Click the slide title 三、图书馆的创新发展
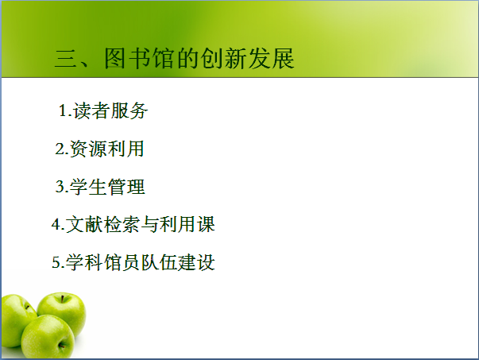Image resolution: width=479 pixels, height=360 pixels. click(175, 58)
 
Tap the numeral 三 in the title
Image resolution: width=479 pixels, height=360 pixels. click(65, 58)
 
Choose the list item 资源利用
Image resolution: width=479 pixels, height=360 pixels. click(107, 149)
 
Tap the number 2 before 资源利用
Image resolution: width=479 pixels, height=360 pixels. click(60, 149)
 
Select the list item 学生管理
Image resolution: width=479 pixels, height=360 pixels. click(107, 187)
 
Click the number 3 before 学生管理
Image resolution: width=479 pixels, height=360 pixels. click(60, 187)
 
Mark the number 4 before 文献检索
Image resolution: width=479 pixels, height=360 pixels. click(56, 224)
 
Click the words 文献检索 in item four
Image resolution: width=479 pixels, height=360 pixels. click(103, 224)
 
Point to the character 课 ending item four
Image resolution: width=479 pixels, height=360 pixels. click(206, 224)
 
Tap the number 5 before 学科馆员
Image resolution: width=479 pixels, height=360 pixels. click(56, 262)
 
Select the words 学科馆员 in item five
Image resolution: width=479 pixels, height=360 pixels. click(103, 262)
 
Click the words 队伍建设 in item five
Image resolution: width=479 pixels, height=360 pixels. click(178, 262)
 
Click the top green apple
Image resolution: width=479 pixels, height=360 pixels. click(62, 312)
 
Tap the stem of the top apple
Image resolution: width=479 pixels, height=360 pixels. click(62, 299)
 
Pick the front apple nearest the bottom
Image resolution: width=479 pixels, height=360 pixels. click(48, 337)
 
